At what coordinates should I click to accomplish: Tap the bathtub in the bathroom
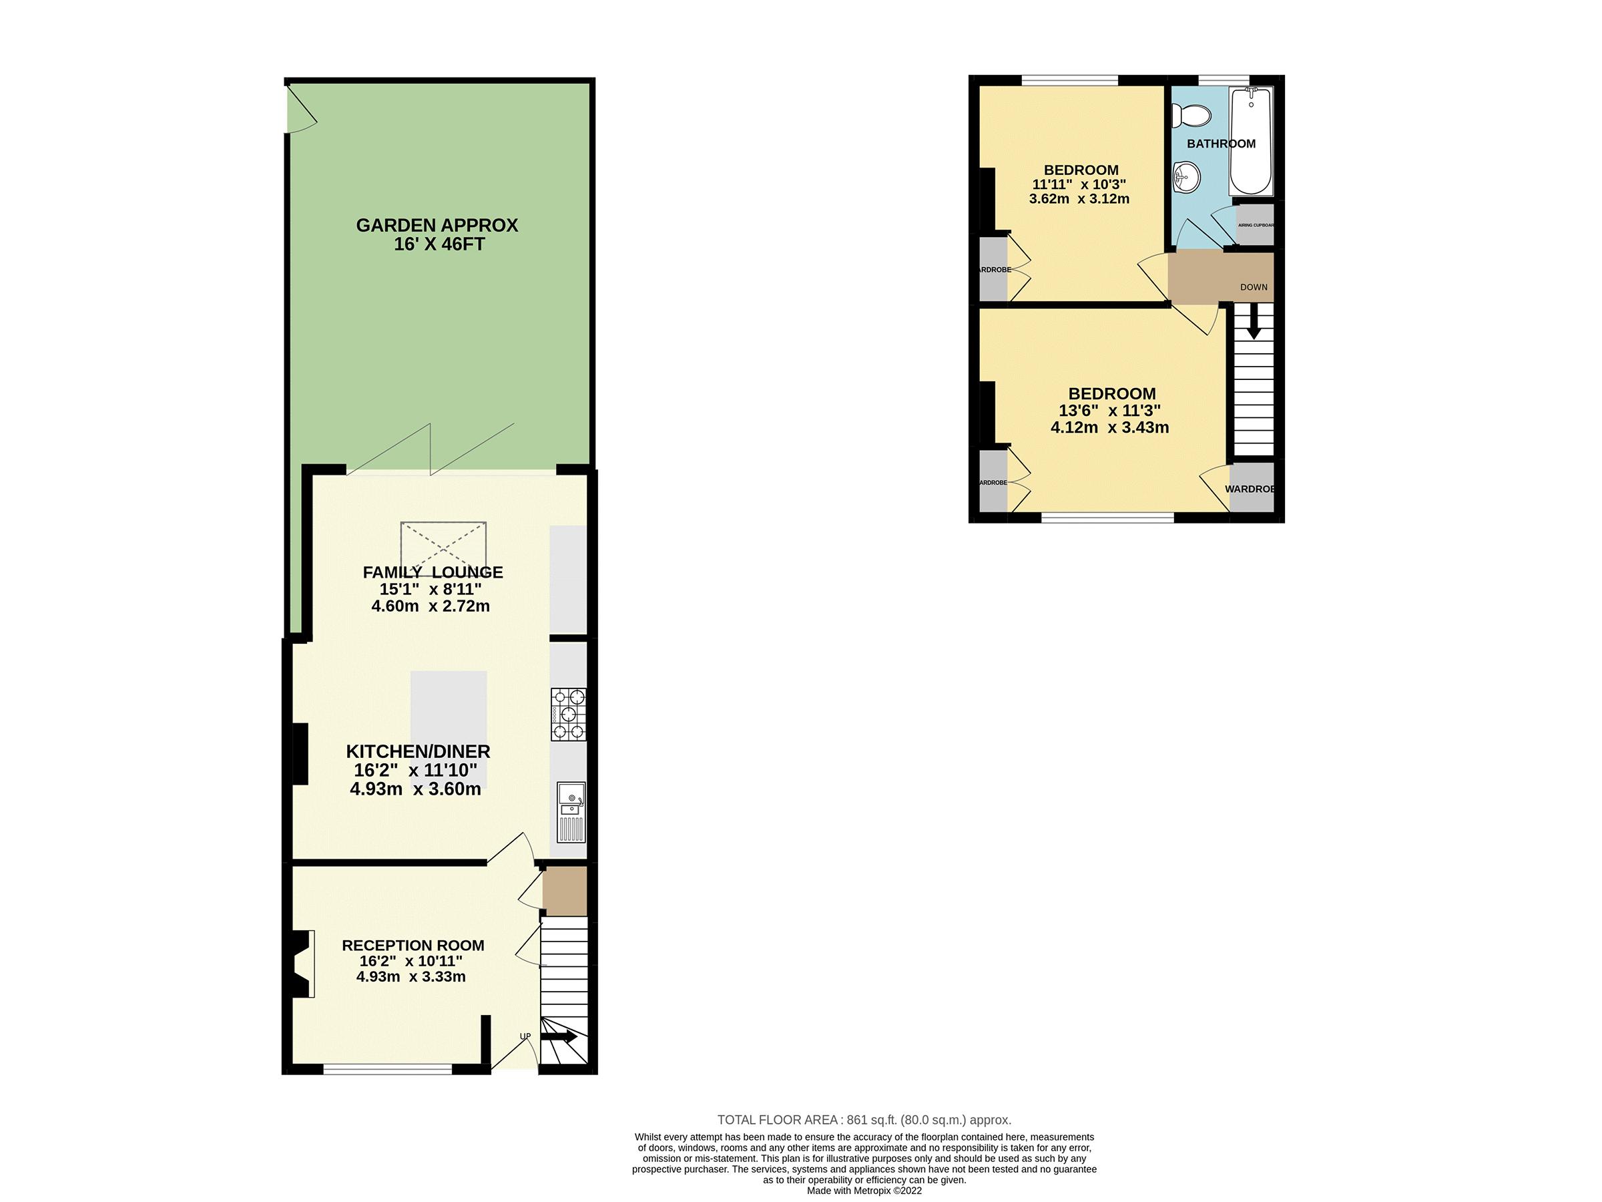click(1251, 142)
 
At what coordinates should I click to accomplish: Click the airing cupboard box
click(1254, 225)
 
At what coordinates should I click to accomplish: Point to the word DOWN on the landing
click(1254, 287)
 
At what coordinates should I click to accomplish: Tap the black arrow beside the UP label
click(559, 1037)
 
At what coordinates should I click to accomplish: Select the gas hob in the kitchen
click(568, 715)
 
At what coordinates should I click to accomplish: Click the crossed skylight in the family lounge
click(443, 548)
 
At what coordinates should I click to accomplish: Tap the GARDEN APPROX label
click(437, 225)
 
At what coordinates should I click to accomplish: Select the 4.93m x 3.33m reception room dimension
click(411, 977)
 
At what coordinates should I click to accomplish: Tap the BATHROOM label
click(1221, 144)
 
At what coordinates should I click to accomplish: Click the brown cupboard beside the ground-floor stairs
click(564, 892)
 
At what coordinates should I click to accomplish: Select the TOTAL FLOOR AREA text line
click(864, 1119)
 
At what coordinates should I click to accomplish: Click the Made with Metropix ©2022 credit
click(864, 1191)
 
